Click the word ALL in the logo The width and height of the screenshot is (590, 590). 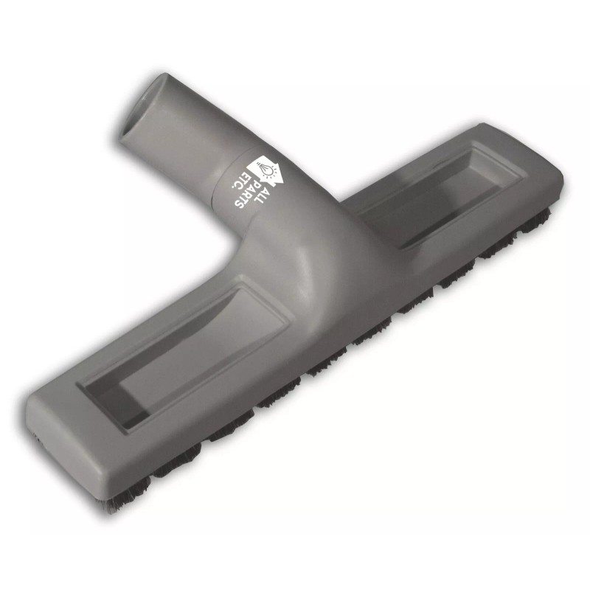[262, 195]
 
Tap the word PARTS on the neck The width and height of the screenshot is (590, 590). [249, 194]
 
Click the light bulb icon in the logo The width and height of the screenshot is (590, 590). [266, 169]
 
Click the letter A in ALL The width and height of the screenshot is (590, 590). [266, 191]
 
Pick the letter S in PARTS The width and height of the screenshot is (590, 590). [240, 204]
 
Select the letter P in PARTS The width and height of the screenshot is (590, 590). [257, 184]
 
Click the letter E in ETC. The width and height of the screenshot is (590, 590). [246, 176]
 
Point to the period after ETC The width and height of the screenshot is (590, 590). [233, 187]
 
